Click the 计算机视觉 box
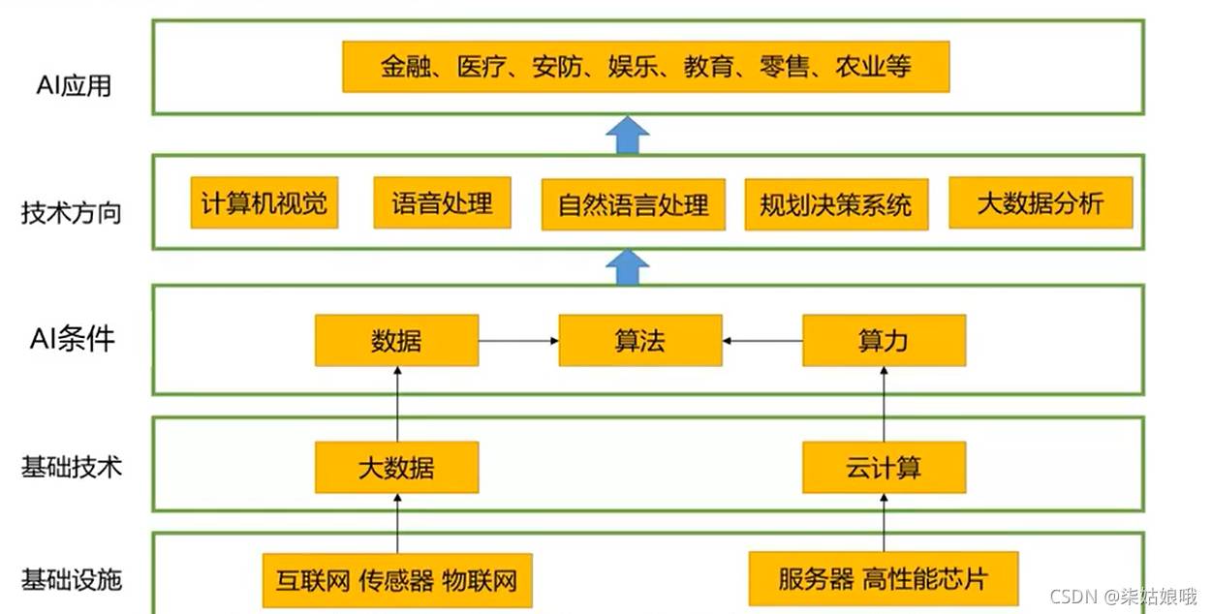(264, 202)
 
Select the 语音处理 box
(442, 202)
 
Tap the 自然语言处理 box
(633, 204)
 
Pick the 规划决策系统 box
(835, 204)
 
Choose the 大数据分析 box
(1040, 202)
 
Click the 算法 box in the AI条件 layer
(639, 341)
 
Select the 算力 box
(884, 341)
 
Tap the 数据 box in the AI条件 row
(396, 341)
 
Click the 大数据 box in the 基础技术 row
(396, 468)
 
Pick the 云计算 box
(884, 468)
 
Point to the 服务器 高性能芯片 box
(883, 579)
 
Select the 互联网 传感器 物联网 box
(396, 580)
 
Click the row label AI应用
(74, 85)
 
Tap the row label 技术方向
(72, 212)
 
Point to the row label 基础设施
(72, 579)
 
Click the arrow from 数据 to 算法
(518, 341)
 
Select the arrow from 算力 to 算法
(762, 341)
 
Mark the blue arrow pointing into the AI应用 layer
(628, 135)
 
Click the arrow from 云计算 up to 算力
(884, 404)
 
